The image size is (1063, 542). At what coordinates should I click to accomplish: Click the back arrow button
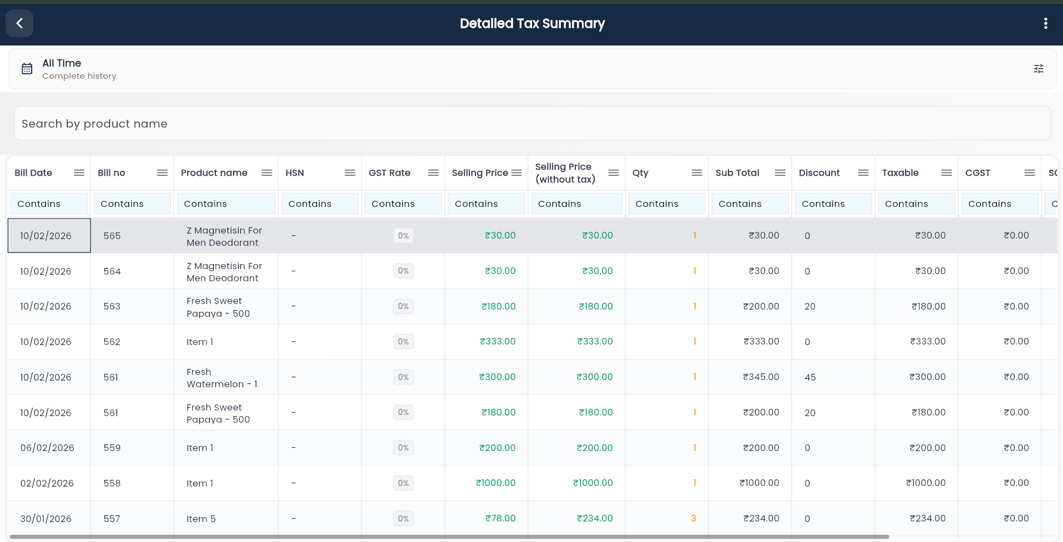point(19,23)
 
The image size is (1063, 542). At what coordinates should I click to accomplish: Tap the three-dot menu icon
point(1045,23)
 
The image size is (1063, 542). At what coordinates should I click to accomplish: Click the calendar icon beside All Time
point(27,69)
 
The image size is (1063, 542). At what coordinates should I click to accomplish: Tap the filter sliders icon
point(1039,69)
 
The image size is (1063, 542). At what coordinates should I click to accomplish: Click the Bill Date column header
point(33,173)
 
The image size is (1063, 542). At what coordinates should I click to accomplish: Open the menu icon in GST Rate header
point(433,173)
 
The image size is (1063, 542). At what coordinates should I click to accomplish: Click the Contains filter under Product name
point(226,204)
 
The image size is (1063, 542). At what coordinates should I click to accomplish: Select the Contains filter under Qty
point(666,204)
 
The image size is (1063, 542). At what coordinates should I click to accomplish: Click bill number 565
point(112,236)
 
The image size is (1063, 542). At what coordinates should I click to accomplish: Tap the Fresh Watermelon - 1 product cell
point(222,378)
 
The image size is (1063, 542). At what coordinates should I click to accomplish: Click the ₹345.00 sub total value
point(761,377)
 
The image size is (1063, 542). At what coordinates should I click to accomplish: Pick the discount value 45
point(810,377)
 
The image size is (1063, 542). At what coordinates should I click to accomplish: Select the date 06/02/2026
point(47,448)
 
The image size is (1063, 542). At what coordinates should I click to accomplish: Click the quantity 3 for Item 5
point(693,518)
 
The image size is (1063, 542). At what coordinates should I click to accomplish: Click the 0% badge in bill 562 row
point(403,342)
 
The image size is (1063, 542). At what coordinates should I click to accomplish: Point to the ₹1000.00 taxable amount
point(925,483)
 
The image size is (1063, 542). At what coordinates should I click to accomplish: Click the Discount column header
point(819,173)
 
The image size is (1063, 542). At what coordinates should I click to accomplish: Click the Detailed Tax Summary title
point(531,23)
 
